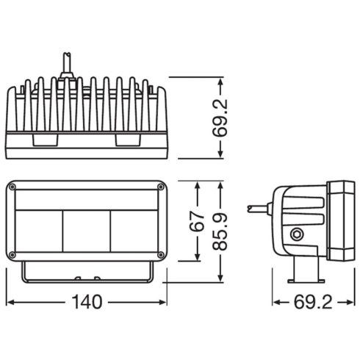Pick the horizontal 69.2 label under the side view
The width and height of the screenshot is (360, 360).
click(x=313, y=302)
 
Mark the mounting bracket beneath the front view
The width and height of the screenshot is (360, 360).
click(x=87, y=276)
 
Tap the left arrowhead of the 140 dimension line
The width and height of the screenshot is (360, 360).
click(x=8, y=302)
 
